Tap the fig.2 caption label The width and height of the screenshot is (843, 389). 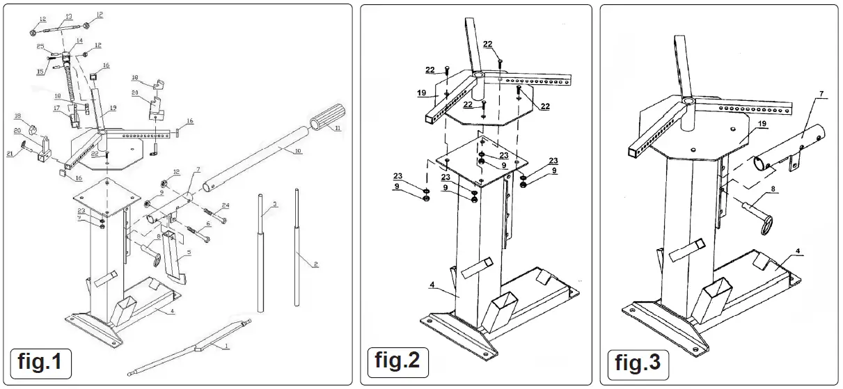coord(397,363)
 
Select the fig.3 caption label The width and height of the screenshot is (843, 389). coord(638,363)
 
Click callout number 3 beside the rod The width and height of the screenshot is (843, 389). coord(275,204)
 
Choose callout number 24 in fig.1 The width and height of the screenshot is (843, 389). coord(225,205)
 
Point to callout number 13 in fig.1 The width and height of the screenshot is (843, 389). coord(68,15)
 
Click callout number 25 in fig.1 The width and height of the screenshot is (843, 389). coord(40,46)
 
